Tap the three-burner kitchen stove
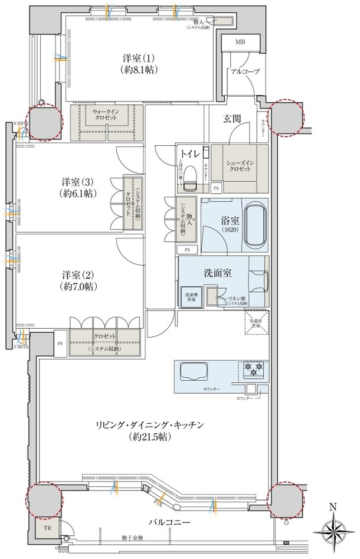253,370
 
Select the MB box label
240,43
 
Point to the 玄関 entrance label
232,119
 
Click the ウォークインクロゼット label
107,114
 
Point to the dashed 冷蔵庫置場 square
257,323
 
